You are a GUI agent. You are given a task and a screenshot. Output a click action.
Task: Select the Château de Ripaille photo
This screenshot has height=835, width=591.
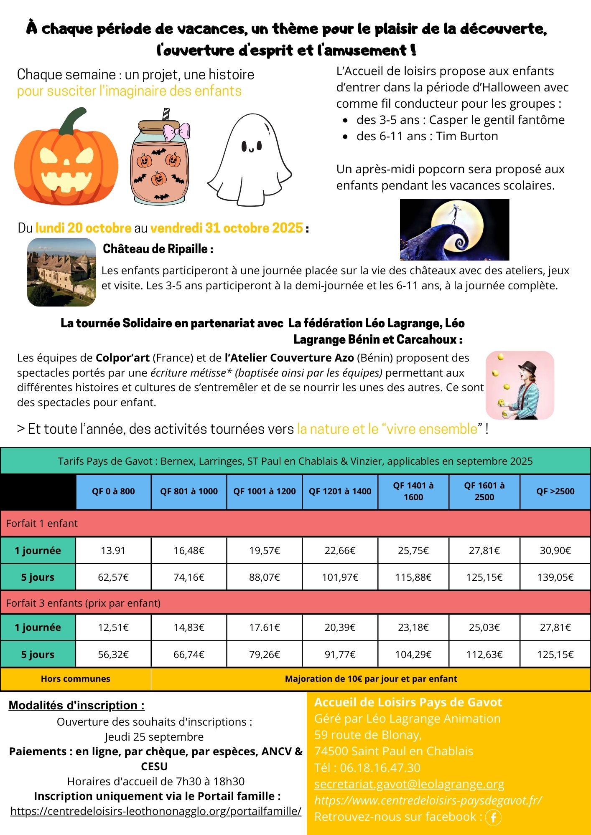(61, 272)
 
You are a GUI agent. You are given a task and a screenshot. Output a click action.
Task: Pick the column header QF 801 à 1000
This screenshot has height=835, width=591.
(189, 491)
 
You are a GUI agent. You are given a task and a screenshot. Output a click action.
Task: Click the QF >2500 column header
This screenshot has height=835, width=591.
(555, 491)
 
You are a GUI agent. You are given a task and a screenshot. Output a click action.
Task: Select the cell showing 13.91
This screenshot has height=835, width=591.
(113, 551)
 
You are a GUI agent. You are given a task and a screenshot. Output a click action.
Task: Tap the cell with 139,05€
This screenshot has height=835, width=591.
(555, 577)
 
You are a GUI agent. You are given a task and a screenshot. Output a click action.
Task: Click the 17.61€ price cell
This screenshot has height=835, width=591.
(265, 628)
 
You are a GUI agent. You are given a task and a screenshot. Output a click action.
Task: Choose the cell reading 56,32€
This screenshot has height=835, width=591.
(113, 654)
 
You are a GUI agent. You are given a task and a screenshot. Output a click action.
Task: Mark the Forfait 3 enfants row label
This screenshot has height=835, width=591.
(84, 603)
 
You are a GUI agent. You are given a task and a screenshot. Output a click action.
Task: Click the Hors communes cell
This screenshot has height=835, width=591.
(76, 679)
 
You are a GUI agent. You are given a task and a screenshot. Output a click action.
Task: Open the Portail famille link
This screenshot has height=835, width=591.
(156, 811)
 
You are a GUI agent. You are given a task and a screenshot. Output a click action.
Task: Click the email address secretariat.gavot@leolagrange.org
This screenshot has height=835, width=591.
(409, 784)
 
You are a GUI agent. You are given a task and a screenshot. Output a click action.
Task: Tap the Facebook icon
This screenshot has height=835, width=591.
(493, 817)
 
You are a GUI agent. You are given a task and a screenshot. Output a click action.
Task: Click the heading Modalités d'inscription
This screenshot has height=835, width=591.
(76, 705)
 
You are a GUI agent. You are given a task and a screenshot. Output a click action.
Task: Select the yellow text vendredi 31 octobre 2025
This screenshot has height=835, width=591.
(227, 228)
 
